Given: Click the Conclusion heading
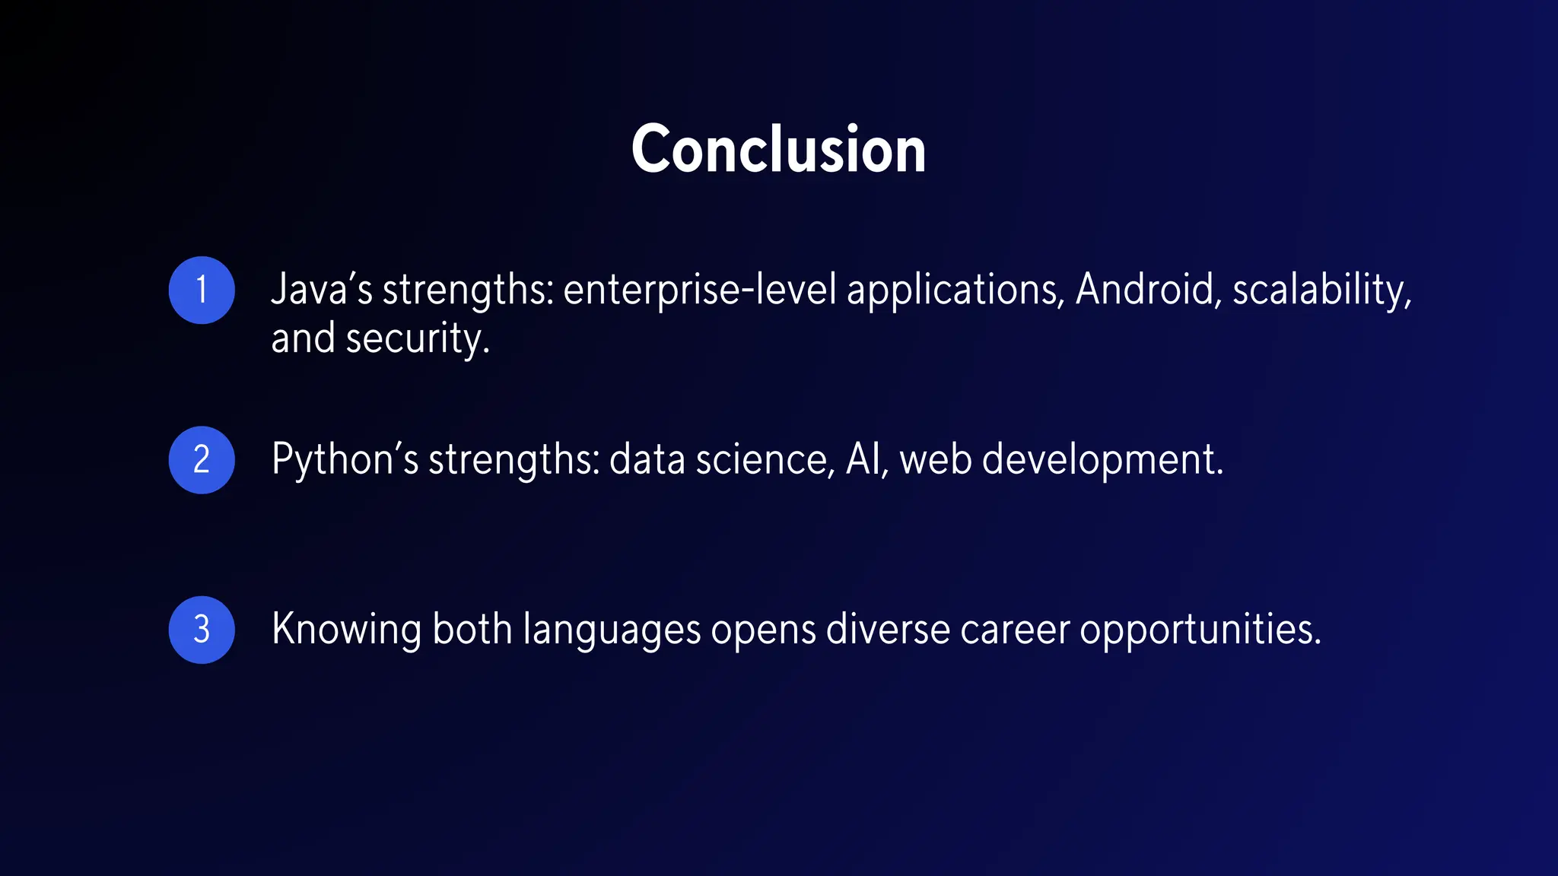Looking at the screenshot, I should pos(778,150).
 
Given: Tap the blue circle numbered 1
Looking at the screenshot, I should pos(202,290).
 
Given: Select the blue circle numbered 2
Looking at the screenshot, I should pos(202,460).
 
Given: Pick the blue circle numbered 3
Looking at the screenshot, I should pos(202,630).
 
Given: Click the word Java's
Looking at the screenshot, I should pos(322,290).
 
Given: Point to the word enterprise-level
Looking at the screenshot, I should pos(699,290).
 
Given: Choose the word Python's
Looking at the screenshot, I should pos(345,461).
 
